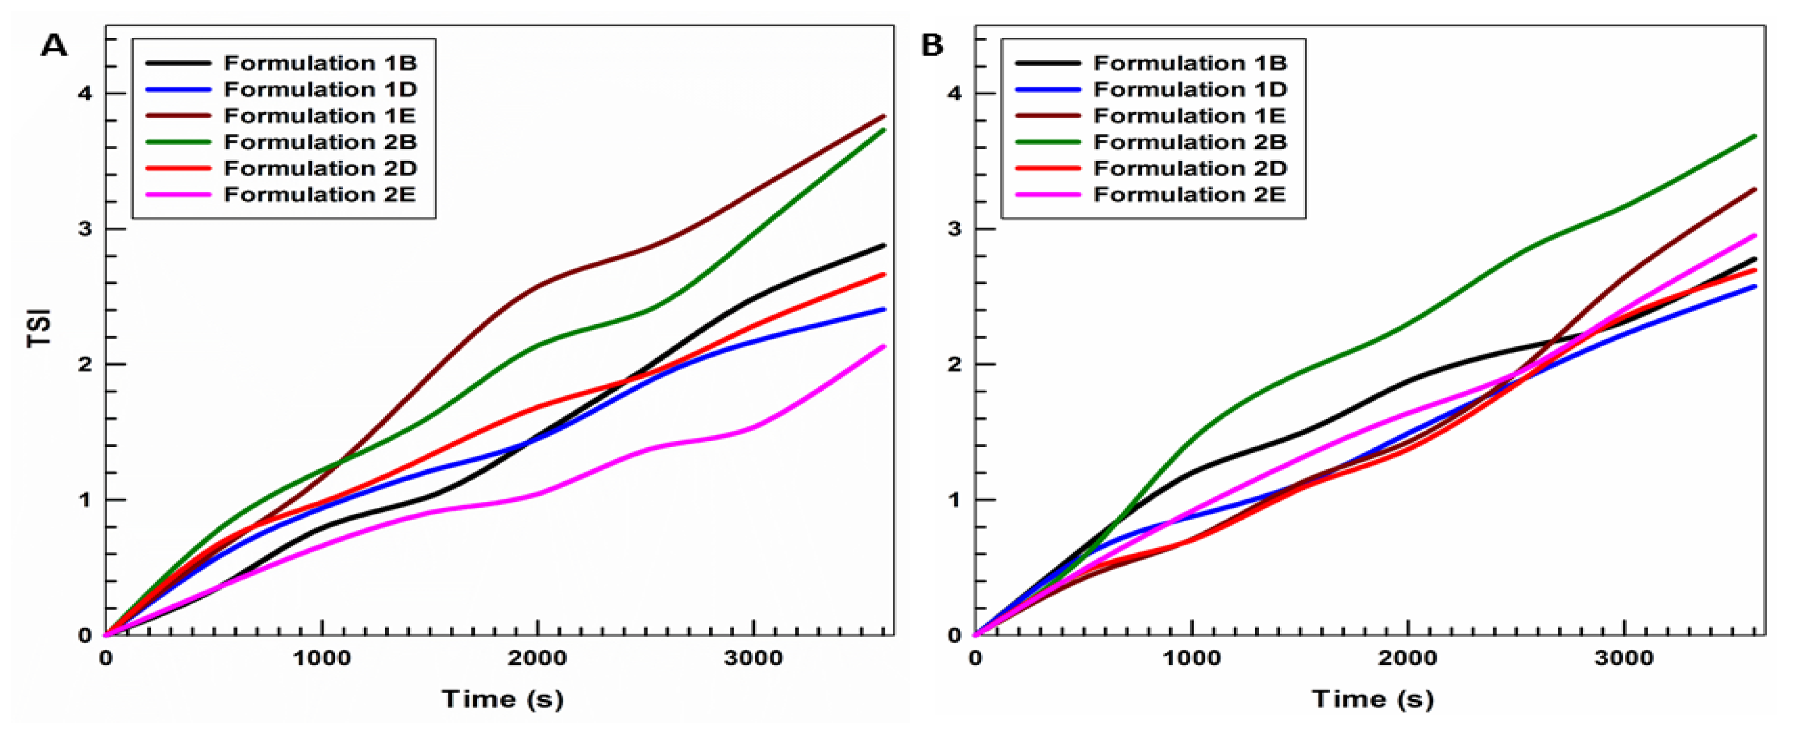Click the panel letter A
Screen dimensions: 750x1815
click(x=54, y=46)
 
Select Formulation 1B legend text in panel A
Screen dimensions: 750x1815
click(x=321, y=63)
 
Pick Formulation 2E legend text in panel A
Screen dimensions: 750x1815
click(x=321, y=195)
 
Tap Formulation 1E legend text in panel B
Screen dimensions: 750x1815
click(x=1190, y=115)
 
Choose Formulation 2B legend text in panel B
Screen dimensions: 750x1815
click(x=1190, y=143)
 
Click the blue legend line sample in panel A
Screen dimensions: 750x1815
click(x=178, y=89)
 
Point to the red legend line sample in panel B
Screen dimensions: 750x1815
click(x=1048, y=169)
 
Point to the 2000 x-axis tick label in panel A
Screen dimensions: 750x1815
click(x=538, y=659)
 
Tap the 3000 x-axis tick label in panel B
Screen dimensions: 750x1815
click(x=1624, y=659)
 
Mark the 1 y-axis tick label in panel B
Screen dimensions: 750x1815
click(x=955, y=500)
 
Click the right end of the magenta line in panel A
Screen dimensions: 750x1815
click(x=884, y=347)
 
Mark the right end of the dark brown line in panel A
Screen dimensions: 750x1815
click(x=884, y=117)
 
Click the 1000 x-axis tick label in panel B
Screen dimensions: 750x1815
click(x=1191, y=659)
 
